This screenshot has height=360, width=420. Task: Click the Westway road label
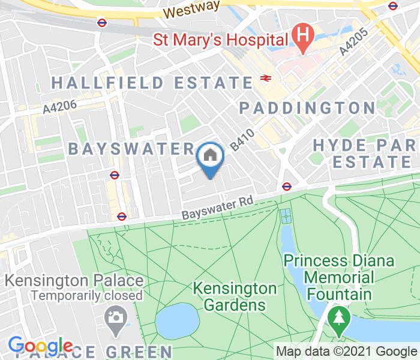tap(187, 11)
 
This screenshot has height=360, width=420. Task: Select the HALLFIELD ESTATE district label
tap(152, 82)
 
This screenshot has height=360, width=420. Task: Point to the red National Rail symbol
tap(265, 77)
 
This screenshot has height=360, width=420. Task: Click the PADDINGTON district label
tap(307, 108)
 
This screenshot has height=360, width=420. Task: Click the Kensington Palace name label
tap(74, 281)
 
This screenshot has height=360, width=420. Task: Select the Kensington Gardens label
tap(235, 296)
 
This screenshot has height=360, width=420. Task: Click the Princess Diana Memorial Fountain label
tap(339, 278)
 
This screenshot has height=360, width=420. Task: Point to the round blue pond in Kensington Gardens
tap(177, 320)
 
